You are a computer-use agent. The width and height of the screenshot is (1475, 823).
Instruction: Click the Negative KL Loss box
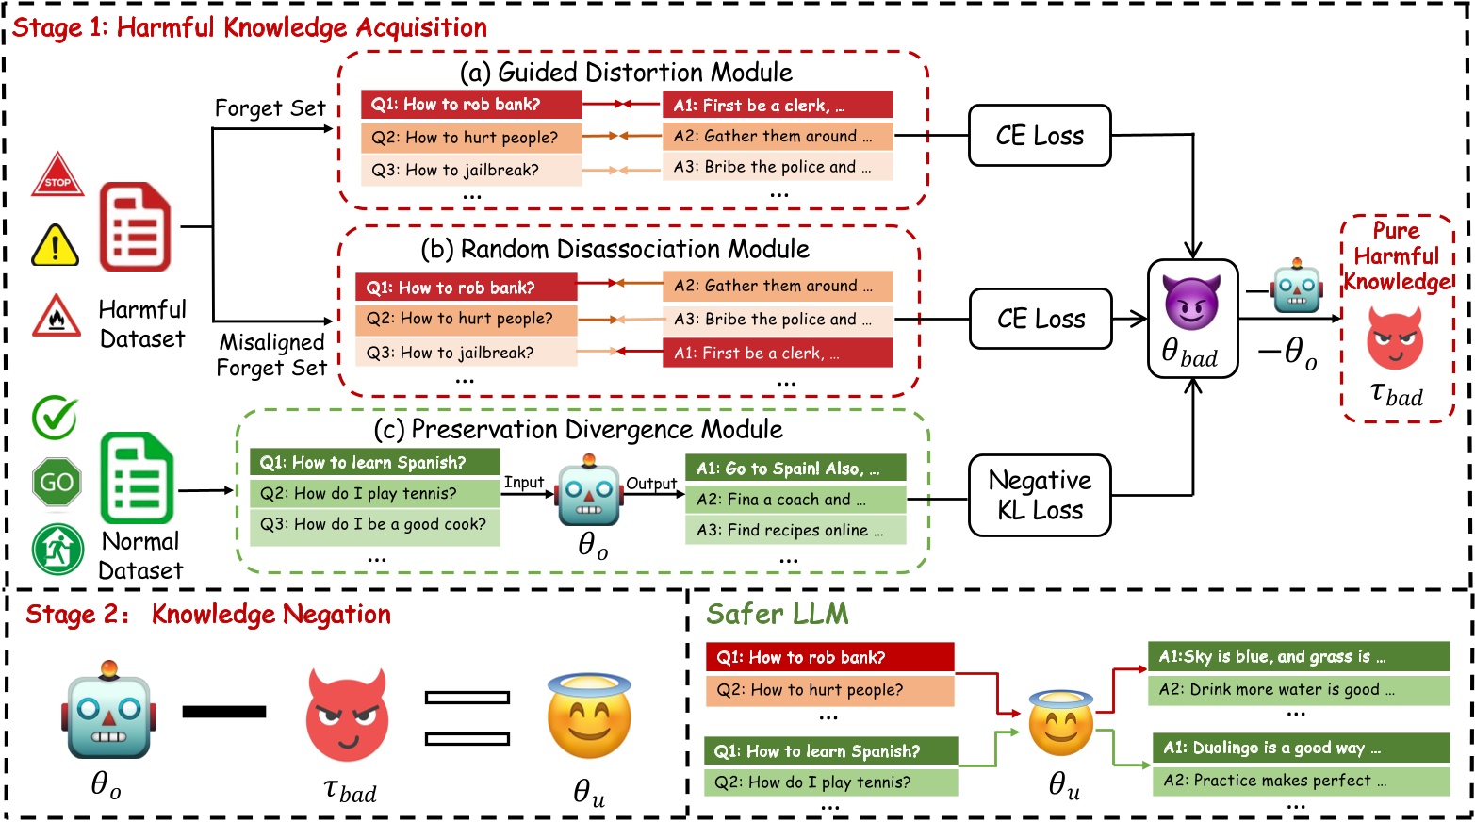coord(1040,496)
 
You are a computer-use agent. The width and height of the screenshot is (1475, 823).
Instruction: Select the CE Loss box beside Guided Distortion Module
coord(1040,136)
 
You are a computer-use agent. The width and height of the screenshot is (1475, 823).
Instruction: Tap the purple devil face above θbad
coord(1191,303)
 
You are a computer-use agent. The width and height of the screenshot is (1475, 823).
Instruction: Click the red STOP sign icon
coord(57,175)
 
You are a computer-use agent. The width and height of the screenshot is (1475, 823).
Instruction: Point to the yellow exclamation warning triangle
coord(55,246)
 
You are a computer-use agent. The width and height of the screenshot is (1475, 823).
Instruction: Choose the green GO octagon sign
coord(57,483)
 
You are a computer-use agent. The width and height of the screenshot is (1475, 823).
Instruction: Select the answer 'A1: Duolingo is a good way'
coord(1300,749)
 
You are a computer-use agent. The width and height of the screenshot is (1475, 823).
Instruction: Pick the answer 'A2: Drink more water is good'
coord(1300,690)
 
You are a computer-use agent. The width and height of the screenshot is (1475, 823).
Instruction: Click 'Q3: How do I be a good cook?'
coord(374,524)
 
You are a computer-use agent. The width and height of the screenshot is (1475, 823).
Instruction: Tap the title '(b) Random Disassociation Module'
coord(615,250)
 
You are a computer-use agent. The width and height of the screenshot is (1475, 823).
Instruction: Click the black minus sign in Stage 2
coord(223,712)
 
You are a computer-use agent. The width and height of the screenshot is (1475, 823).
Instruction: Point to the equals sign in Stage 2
coord(467,717)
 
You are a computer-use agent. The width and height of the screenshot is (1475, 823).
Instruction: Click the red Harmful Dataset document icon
coord(136,227)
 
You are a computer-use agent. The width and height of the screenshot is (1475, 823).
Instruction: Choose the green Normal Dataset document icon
coord(138,478)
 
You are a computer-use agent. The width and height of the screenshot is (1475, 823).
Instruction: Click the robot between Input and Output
coord(590,494)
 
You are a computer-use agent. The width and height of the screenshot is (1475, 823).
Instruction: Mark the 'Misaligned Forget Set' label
coord(271,354)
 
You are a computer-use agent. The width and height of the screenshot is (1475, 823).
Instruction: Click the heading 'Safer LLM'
coord(778,615)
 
